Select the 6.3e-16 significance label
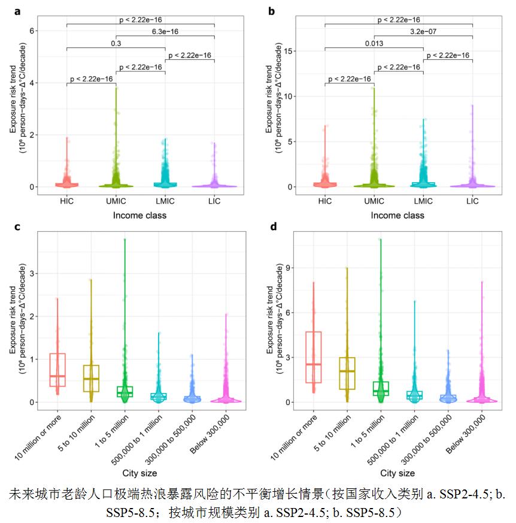pyautogui.click(x=165, y=32)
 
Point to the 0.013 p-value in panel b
pyautogui.click(x=374, y=44)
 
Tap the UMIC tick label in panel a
pyautogui.click(x=116, y=201)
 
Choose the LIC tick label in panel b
pyautogui.click(x=472, y=201)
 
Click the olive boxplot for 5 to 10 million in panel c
pyautogui.click(x=91, y=378)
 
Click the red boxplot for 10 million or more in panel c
pyautogui.click(x=57, y=370)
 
